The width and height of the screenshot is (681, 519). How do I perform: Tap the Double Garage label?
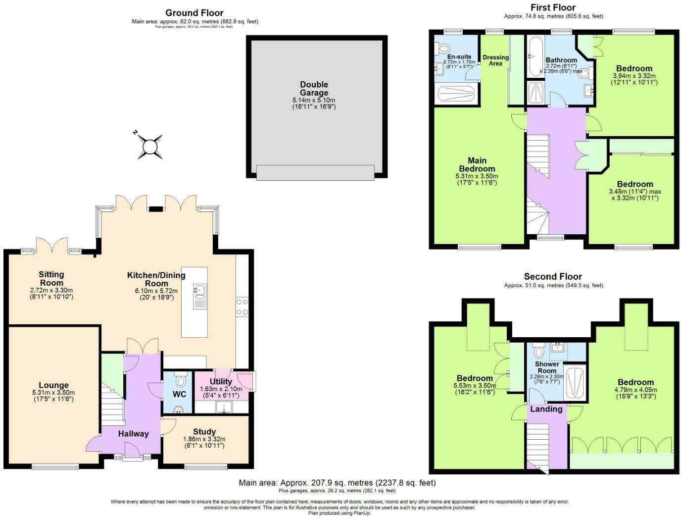(x=314, y=89)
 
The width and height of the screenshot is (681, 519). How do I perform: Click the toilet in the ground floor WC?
(x=181, y=380)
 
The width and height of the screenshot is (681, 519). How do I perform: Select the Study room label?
(x=204, y=431)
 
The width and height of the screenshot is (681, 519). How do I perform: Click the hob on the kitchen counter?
(x=242, y=307)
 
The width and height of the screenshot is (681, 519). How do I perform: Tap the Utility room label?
(x=221, y=381)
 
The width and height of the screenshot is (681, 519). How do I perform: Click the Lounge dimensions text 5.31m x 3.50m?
(x=53, y=392)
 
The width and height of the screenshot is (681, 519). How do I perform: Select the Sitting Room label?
(x=51, y=278)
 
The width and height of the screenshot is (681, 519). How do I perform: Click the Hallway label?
(x=133, y=434)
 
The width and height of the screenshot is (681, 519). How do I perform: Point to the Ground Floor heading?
(x=195, y=13)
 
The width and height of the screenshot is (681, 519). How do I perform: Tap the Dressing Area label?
(x=495, y=60)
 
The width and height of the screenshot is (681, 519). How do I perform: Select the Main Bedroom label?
(x=477, y=164)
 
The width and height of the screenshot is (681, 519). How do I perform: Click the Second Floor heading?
(x=553, y=276)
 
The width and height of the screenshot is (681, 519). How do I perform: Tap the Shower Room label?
(x=547, y=367)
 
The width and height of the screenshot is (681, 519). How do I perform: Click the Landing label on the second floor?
(x=546, y=409)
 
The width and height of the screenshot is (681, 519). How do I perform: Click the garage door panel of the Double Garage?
(x=315, y=173)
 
